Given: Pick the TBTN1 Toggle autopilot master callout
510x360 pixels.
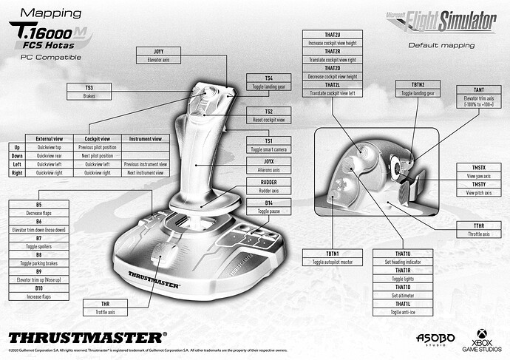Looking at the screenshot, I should point(330,258).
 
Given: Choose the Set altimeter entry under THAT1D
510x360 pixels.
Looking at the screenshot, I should point(403,295).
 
